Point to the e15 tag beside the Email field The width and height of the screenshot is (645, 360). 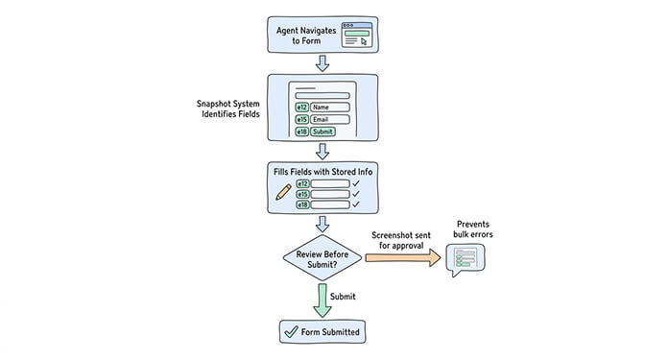tap(301, 119)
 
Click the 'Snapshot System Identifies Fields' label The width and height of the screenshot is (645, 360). tap(227, 108)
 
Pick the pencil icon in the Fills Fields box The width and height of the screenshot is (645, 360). tap(283, 192)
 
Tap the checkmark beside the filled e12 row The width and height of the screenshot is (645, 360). tap(355, 182)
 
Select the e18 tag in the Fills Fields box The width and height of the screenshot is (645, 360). tap(302, 204)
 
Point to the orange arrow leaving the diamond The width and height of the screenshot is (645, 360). tap(403, 257)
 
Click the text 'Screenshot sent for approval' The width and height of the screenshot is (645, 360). tap(404, 239)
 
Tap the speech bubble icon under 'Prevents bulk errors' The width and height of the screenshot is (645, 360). tap(466, 259)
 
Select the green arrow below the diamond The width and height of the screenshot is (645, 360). tap(322, 299)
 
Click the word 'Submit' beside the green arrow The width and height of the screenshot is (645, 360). tap(344, 297)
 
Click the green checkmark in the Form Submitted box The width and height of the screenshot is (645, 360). tap(290, 332)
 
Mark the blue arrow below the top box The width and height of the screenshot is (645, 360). tap(322, 62)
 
